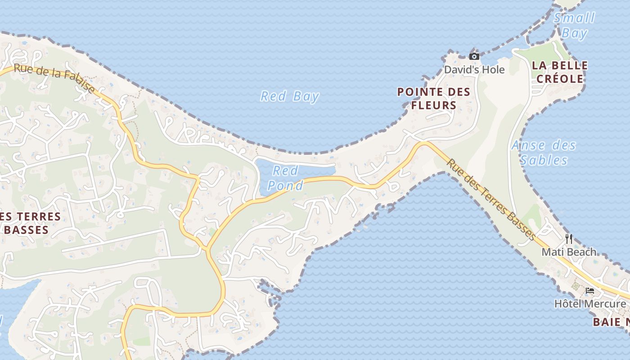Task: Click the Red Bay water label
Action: coord(290,96)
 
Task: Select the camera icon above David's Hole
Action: coord(474,56)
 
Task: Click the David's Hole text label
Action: coord(474,70)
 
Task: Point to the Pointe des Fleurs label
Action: coord(434,99)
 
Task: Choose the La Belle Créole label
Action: coord(559,72)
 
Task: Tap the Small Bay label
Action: coord(574,25)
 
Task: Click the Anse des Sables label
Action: coord(544,153)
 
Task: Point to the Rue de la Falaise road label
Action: coord(54,79)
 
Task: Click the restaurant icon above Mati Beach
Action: coord(569,238)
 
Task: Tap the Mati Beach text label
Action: coord(569,252)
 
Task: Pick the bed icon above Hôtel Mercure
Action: coord(590,291)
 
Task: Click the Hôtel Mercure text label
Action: coord(590,304)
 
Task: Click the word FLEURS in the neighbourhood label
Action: coord(434,106)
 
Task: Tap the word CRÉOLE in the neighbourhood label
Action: coord(559,79)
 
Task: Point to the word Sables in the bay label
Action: coord(544,160)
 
